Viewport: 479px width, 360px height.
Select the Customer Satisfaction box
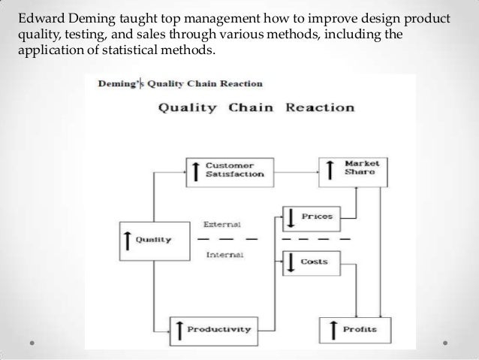(x=224, y=169)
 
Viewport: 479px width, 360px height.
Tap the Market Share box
(x=352, y=169)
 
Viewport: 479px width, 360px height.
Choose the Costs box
(x=310, y=262)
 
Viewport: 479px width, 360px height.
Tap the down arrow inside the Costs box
(x=291, y=262)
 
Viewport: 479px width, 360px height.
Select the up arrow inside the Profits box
(x=330, y=329)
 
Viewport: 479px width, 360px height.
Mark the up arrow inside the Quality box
(x=128, y=240)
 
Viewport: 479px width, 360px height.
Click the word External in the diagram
(x=221, y=224)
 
